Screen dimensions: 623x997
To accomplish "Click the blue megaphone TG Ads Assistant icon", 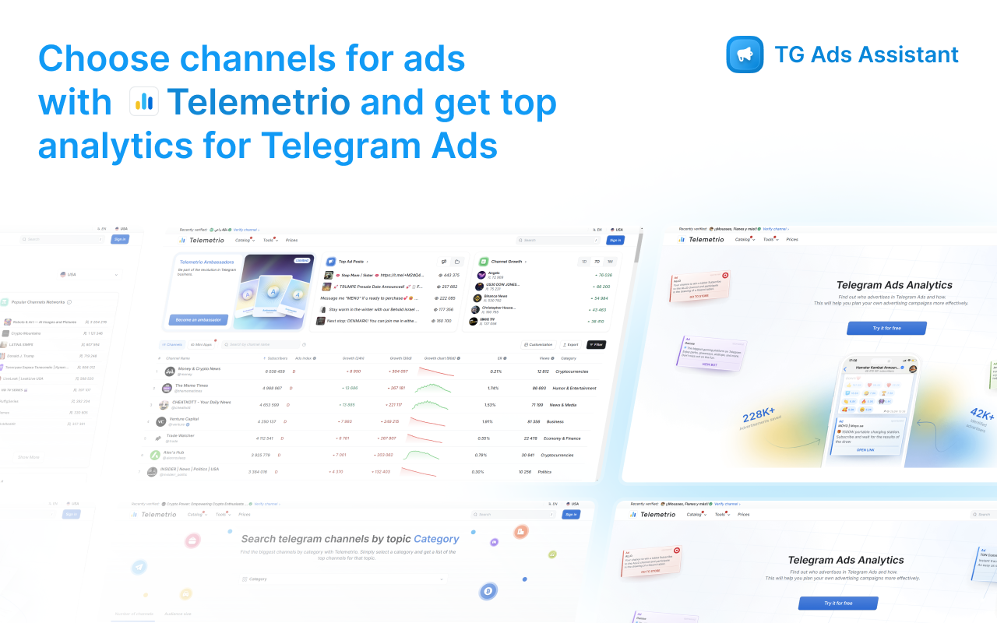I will [745, 55].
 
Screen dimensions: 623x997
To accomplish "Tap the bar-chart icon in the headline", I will [144, 101].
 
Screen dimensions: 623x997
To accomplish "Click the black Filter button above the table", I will [596, 344].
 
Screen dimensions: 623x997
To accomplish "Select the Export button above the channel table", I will [571, 344].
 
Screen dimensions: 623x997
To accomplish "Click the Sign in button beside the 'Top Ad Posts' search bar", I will [615, 240].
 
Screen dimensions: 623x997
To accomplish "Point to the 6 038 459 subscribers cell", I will [275, 371].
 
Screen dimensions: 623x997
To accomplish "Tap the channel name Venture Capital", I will [184, 419].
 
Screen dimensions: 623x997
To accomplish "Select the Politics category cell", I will [544, 472].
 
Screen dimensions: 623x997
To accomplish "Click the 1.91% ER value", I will [488, 421].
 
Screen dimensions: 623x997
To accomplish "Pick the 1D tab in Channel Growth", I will [584, 262].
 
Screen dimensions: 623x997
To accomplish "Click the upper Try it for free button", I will [886, 328].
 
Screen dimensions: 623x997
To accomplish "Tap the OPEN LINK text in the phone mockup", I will [865, 450].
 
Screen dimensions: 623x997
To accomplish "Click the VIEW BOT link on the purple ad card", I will [710, 364].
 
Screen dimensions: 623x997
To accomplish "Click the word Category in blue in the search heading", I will [436, 539].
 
